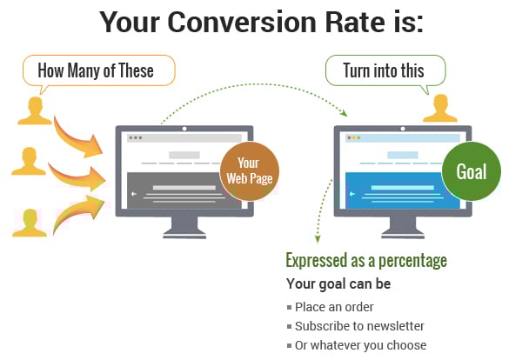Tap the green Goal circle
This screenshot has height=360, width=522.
(x=472, y=171)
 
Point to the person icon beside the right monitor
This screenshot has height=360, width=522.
(x=440, y=107)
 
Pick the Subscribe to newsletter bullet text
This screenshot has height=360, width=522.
(x=359, y=326)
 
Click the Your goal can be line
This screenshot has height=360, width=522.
(x=338, y=284)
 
